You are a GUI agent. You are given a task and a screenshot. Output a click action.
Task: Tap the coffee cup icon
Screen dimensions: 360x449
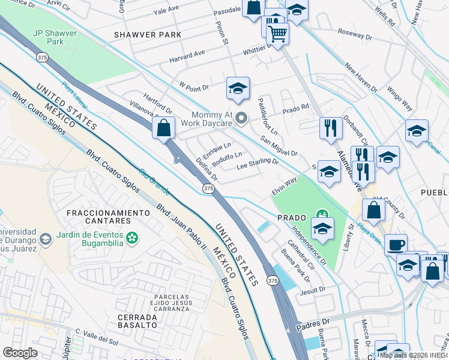coord(396,244)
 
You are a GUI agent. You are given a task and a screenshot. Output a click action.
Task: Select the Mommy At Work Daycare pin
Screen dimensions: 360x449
coord(242,118)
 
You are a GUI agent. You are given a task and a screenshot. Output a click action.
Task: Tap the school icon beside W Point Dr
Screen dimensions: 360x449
coord(238,89)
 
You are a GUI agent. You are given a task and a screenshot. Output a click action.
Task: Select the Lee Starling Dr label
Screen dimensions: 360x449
coord(258,164)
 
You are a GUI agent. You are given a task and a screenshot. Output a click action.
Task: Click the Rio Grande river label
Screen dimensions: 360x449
coord(154,181)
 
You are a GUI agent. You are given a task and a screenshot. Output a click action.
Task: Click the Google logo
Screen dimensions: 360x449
coord(20,353)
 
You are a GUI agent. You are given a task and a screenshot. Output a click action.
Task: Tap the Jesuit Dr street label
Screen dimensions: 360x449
coord(313,290)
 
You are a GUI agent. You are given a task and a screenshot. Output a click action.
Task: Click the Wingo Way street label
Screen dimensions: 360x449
coord(399,98)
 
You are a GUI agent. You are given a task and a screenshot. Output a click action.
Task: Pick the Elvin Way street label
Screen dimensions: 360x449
coord(284,182)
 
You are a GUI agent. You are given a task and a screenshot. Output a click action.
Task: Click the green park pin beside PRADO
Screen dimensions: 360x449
coord(322,214)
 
